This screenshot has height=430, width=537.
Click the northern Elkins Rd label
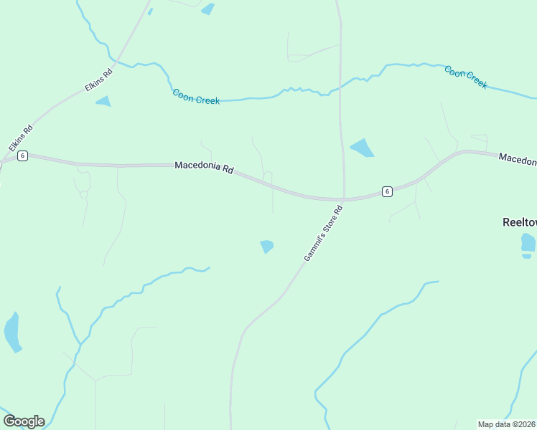[99, 79]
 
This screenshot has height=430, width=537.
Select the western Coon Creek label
[196, 96]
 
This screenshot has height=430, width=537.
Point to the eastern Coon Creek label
[466, 77]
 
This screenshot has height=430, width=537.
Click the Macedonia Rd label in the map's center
[205, 168]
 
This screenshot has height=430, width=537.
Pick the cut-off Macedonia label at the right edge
[518, 159]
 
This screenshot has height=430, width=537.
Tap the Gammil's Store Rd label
[324, 233]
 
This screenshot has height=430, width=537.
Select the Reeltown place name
[518, 222]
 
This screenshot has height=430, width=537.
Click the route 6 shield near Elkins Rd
[23, 156]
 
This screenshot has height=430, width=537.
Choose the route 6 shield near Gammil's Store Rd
[387, 191]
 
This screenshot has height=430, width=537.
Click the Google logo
[24, 421]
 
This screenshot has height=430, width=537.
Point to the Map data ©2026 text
[507, 424]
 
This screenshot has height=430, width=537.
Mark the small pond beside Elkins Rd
[103, 101]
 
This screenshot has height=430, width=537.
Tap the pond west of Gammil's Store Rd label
[266, 246]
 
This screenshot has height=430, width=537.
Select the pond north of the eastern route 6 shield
[362, 148]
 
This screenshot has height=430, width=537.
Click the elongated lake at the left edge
[11, 332]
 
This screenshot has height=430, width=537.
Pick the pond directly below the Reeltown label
[528, 242]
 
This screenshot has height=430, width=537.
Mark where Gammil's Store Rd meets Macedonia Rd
[343, 199]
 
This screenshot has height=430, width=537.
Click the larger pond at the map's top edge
[208, 9]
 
